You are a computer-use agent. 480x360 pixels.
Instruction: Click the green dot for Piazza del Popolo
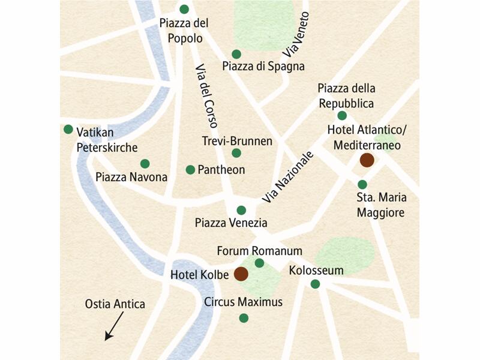(184, 9)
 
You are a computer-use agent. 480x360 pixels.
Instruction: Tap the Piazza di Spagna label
(263, 67)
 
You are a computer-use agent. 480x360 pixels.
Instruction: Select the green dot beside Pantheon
(190, 170)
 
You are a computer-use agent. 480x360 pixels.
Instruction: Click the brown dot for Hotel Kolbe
(241, 274)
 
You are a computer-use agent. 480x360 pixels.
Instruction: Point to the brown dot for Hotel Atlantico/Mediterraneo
(367, 160)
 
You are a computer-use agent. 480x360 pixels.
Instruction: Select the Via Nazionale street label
(288, 177)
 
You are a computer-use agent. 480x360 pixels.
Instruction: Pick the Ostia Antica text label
(115, 304)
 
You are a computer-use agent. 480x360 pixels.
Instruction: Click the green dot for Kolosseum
(315, 284)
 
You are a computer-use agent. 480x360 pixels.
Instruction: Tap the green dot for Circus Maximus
(244, 318)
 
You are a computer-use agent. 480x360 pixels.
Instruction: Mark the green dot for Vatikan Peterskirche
(68, 130)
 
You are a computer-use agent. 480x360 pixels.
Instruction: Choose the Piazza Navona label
(131, 177)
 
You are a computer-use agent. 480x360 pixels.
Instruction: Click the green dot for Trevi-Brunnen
(236, 153)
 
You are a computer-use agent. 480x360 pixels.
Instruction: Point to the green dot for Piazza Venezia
(241, 210)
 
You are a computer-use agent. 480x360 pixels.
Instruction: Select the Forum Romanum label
(260, 251)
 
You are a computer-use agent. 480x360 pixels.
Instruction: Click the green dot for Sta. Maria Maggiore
(362, 184)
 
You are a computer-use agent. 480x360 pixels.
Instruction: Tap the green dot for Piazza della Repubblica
(342, 115)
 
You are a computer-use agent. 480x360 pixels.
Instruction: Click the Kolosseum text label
(316, 270)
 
